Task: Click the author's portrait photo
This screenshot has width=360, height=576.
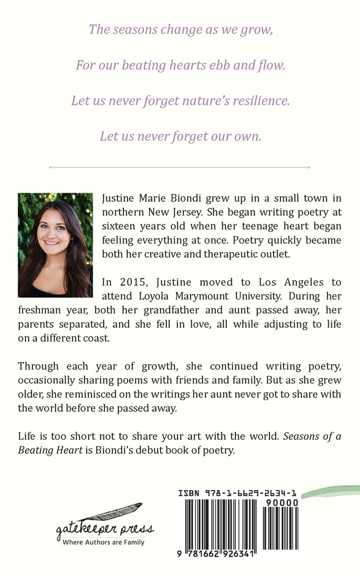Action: [x=56, y=245]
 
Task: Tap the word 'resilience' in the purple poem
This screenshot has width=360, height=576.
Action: [x=259, y=100]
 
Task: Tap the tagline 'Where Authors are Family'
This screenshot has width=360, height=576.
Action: [x=104, y=542]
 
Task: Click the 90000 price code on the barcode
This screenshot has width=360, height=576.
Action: [x=281, y=503]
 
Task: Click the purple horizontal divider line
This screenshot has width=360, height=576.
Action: [x=180, y=167]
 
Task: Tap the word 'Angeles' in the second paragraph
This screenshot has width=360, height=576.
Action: [x=290, y=282]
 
